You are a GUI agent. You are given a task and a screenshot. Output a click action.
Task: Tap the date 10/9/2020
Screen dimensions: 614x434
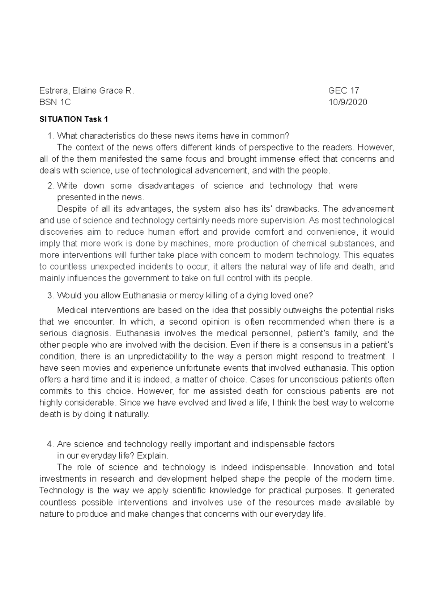pos(348,102)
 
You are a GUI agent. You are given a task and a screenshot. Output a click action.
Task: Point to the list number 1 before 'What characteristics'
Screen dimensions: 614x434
pos(50,136)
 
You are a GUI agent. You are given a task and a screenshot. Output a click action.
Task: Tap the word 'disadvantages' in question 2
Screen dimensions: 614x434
pos(166,186)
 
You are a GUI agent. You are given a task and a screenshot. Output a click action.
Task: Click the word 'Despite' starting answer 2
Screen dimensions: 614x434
pos(69,209)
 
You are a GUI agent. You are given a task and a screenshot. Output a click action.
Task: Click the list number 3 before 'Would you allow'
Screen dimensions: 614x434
pos(50,295)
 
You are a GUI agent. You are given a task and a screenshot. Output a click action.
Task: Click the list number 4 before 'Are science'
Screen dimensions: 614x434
pos(50,444)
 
